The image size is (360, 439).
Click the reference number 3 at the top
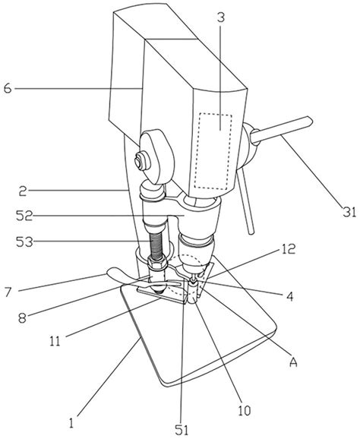point(221,18)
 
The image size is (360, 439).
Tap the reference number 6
point(8,89)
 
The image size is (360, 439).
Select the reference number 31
point(349,212)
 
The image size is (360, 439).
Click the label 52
point(24,216)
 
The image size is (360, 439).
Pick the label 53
point(24,242)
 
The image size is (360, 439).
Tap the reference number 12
point(289,249)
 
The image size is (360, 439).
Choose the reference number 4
point(290,296)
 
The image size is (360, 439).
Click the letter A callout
point(293,362)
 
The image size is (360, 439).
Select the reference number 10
point(245,410)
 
